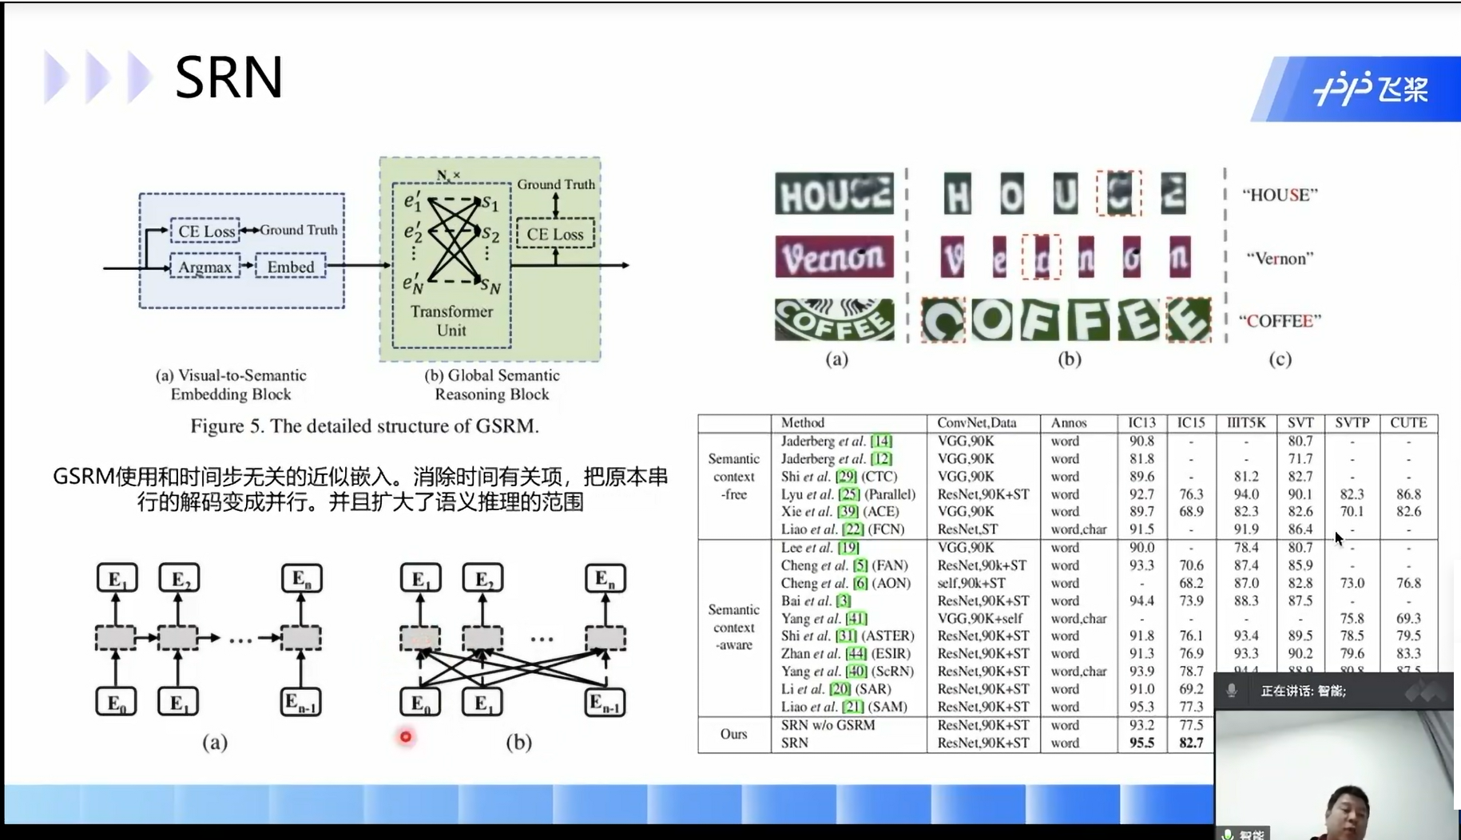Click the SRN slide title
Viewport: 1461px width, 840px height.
coord(228,77)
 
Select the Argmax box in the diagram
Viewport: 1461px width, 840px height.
coord(205,267)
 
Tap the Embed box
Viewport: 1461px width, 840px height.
coord(291,267)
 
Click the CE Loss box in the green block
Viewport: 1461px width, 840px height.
coord(554,234)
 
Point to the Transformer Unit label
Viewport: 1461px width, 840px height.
coord(451,320)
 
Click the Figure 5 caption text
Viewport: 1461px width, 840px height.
coord(364,426)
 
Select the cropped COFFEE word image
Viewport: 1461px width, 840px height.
coord(834,319)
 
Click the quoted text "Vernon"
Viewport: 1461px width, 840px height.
coord(1279,258)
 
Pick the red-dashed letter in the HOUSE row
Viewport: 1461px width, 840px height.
coord(1118,193)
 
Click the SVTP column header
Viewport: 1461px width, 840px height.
coord(1352,422)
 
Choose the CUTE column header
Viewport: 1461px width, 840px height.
coord(1407,422)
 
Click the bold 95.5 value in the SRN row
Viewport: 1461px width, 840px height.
coord(1141,743)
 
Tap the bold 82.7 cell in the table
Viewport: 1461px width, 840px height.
coord(1190,743)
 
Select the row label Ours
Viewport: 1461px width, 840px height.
coord(733,734)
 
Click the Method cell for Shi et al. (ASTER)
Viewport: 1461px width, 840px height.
coord(847,636)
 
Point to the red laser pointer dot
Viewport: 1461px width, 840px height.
coord(406,737)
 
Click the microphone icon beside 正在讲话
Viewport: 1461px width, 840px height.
coord(1232,691)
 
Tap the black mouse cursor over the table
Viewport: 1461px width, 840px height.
coord(1338,538)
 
